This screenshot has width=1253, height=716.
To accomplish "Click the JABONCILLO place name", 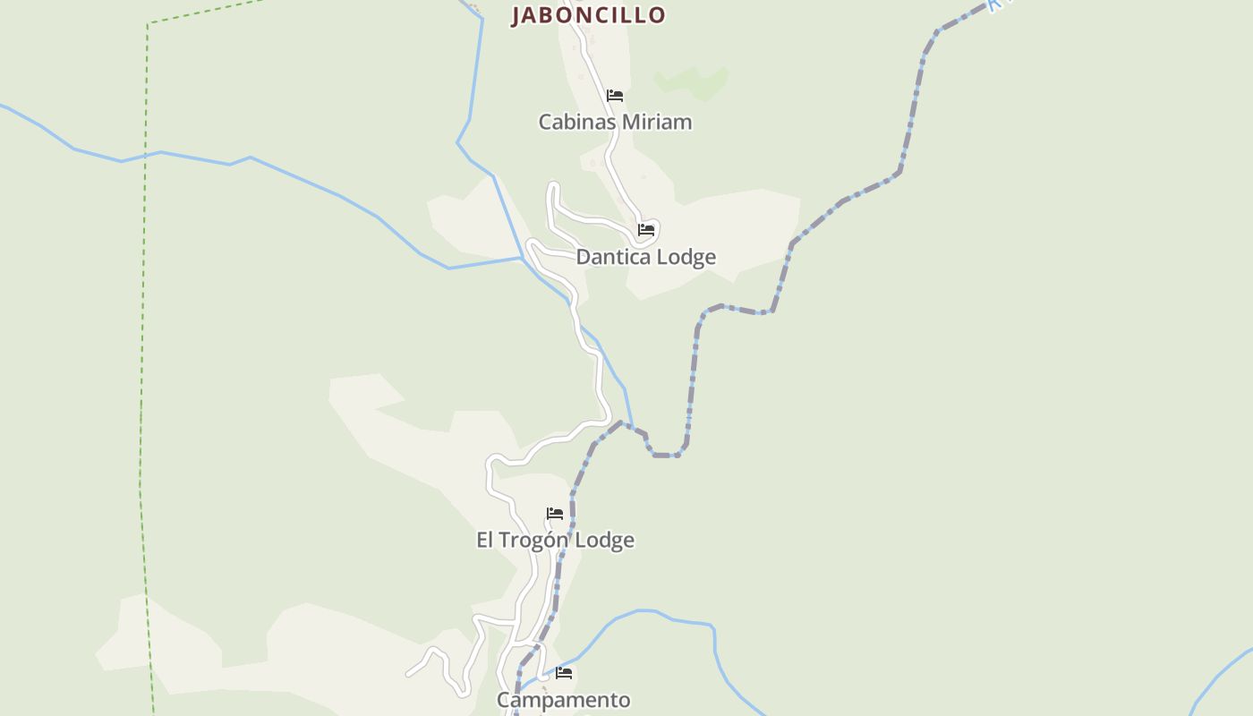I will pos(588,15).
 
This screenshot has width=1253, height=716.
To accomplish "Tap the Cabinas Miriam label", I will pos(615,122).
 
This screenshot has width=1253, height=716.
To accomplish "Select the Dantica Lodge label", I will pos(645,257).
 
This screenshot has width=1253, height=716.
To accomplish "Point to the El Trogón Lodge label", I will pos(555,540).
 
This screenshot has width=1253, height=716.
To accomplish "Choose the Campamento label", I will pos(563,700).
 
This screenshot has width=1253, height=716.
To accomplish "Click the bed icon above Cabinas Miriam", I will pos(615,96).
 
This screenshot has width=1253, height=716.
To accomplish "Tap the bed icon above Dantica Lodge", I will pos(646,230).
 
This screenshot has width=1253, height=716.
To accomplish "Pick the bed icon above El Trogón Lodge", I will pos(555,514).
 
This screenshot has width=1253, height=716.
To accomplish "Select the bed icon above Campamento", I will pos(563,672).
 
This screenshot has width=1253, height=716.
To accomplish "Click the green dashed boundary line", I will pos(142,358).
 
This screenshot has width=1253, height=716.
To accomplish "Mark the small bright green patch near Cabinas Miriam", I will pos(694,82).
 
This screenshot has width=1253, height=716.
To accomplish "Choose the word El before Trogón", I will pos(484,540).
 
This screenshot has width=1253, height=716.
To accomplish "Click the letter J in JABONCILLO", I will pos(516,15).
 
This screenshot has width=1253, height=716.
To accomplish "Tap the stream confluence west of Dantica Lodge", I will pos(522,258).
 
